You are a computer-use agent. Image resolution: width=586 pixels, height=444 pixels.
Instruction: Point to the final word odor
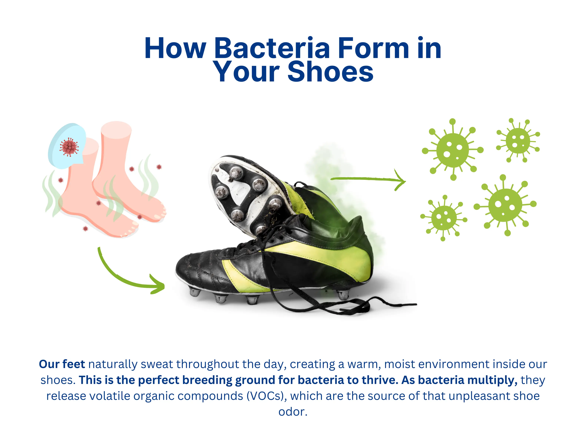(x=293, y=412)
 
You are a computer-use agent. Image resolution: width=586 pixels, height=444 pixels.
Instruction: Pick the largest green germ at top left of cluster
(x=453, y=150)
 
